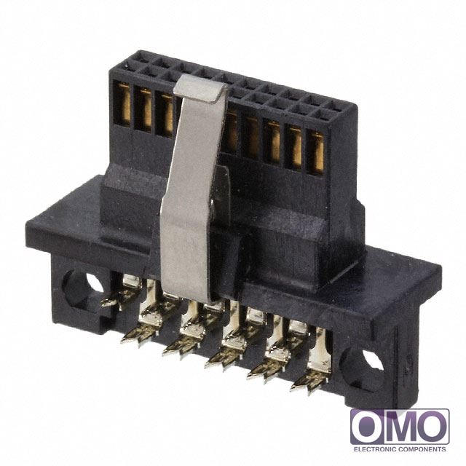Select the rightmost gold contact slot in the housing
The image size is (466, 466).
(317, 152)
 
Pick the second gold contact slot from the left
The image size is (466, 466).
(145, 109)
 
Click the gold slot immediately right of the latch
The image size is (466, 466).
(232, 131)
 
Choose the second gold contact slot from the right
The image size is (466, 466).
(295, 147)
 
